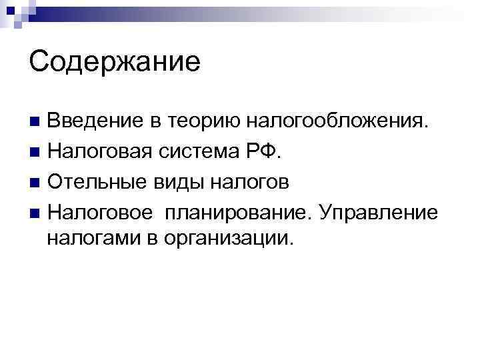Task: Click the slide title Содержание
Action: click(x=115, y=62)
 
